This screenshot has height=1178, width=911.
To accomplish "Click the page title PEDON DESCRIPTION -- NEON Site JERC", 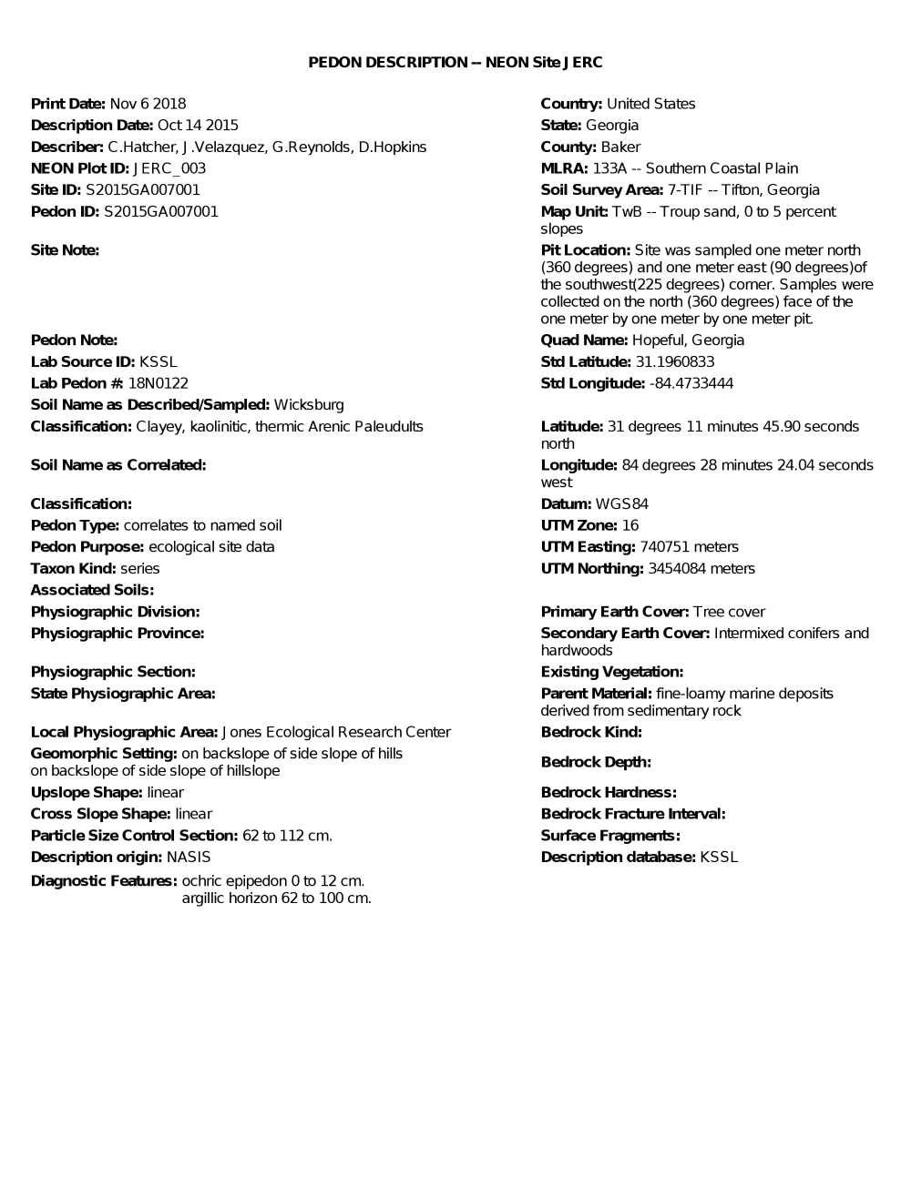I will pos(455,62).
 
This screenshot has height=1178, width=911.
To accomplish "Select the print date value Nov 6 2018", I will pos(148,104).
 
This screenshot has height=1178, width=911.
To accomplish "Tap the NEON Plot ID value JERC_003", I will pos(169,168).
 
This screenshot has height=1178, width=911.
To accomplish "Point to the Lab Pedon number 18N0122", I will pos(159,383).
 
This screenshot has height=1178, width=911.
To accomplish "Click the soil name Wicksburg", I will pos(309,405).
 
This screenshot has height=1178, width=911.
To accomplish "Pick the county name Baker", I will pos(620,147).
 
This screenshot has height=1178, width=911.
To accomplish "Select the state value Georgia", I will pos(612,126).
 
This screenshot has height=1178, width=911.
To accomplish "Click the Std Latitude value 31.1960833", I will pos(675,362).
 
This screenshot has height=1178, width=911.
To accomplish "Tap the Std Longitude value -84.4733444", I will pos(691,383).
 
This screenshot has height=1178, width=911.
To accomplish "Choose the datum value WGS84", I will pos(622,504).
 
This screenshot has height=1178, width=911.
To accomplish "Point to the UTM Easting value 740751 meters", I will pos(690,547).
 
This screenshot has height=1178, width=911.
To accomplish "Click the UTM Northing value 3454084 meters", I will pos(701,569).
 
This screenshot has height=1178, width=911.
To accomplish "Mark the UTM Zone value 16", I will pos(630,525).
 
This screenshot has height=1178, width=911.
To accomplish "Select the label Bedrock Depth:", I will pos(596,762).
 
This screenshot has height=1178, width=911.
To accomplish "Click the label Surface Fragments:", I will pos(610,836).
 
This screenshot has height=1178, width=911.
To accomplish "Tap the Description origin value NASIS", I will pos(189,858).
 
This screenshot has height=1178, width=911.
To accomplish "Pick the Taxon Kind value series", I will pos(140,569).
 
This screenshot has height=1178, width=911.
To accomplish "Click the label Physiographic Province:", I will pos(118,634).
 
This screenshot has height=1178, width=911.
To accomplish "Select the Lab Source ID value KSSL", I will pos(159,362).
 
